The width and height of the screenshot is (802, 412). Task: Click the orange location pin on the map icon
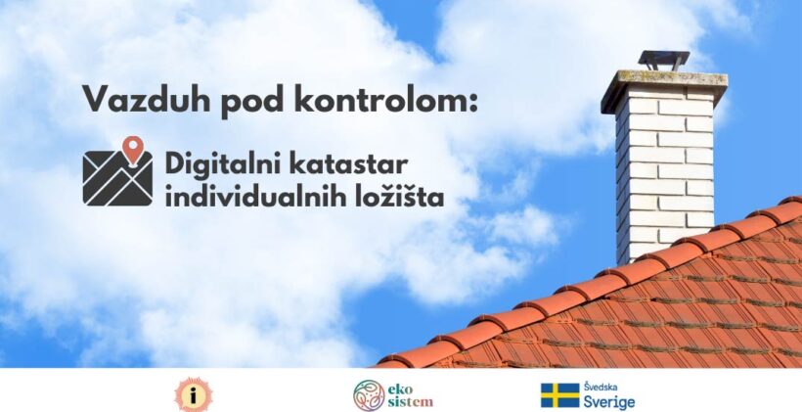132,151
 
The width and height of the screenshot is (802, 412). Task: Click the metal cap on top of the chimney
664,60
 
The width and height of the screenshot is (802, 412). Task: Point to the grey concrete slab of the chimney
664,85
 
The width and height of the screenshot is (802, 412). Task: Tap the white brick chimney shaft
664,174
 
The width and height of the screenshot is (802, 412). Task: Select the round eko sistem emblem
369,395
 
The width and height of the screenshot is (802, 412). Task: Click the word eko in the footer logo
399,389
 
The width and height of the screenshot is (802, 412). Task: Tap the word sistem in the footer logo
410,402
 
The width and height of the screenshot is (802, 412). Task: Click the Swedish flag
560,395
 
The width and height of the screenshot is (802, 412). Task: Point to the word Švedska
601,387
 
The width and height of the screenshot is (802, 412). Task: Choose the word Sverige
609,402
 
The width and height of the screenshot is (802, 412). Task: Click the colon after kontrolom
471,102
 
